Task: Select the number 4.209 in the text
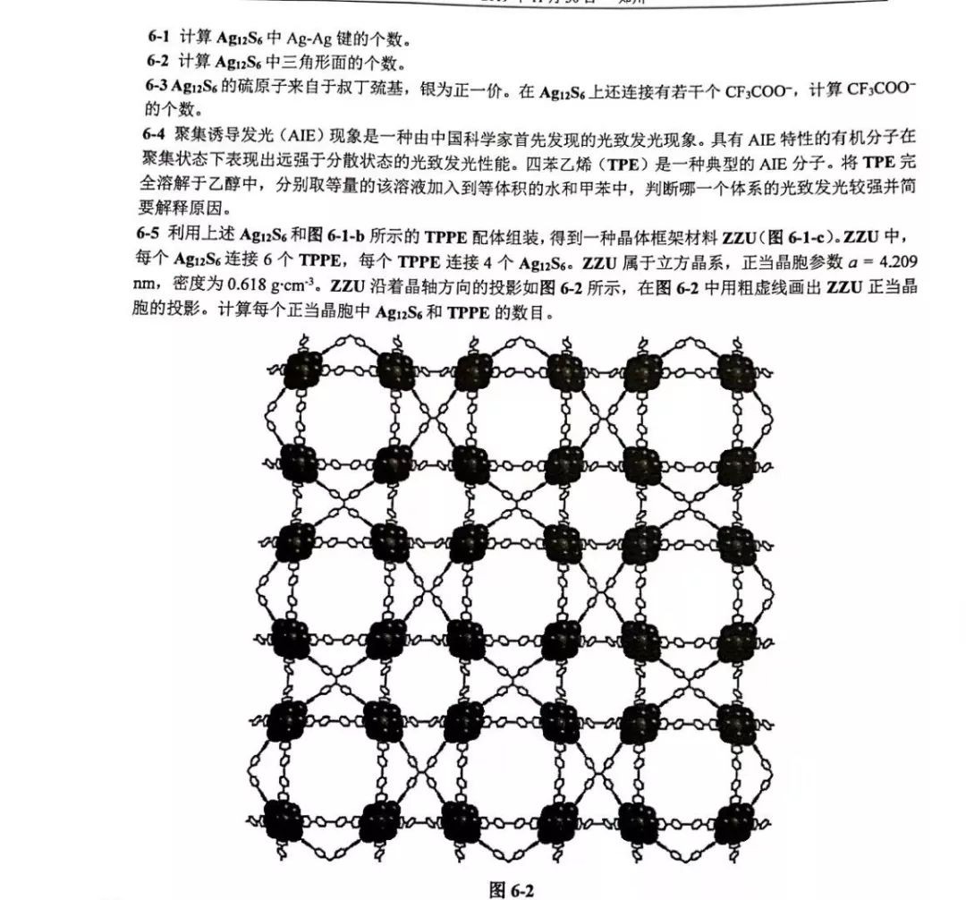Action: (897, 267)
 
